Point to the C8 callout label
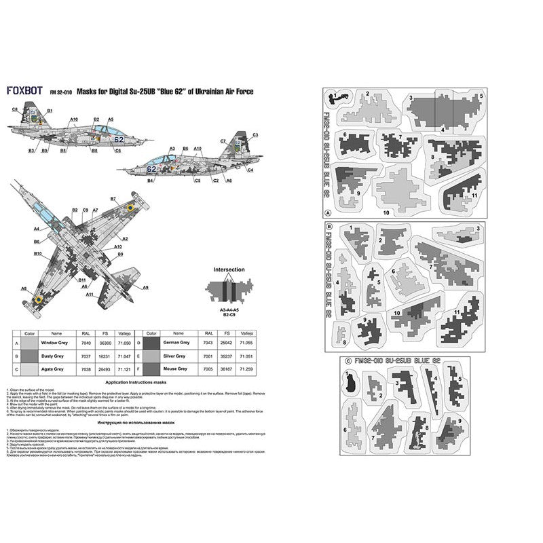(14, 109)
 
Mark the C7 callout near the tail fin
(223, 140)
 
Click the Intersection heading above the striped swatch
(229, 270)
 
